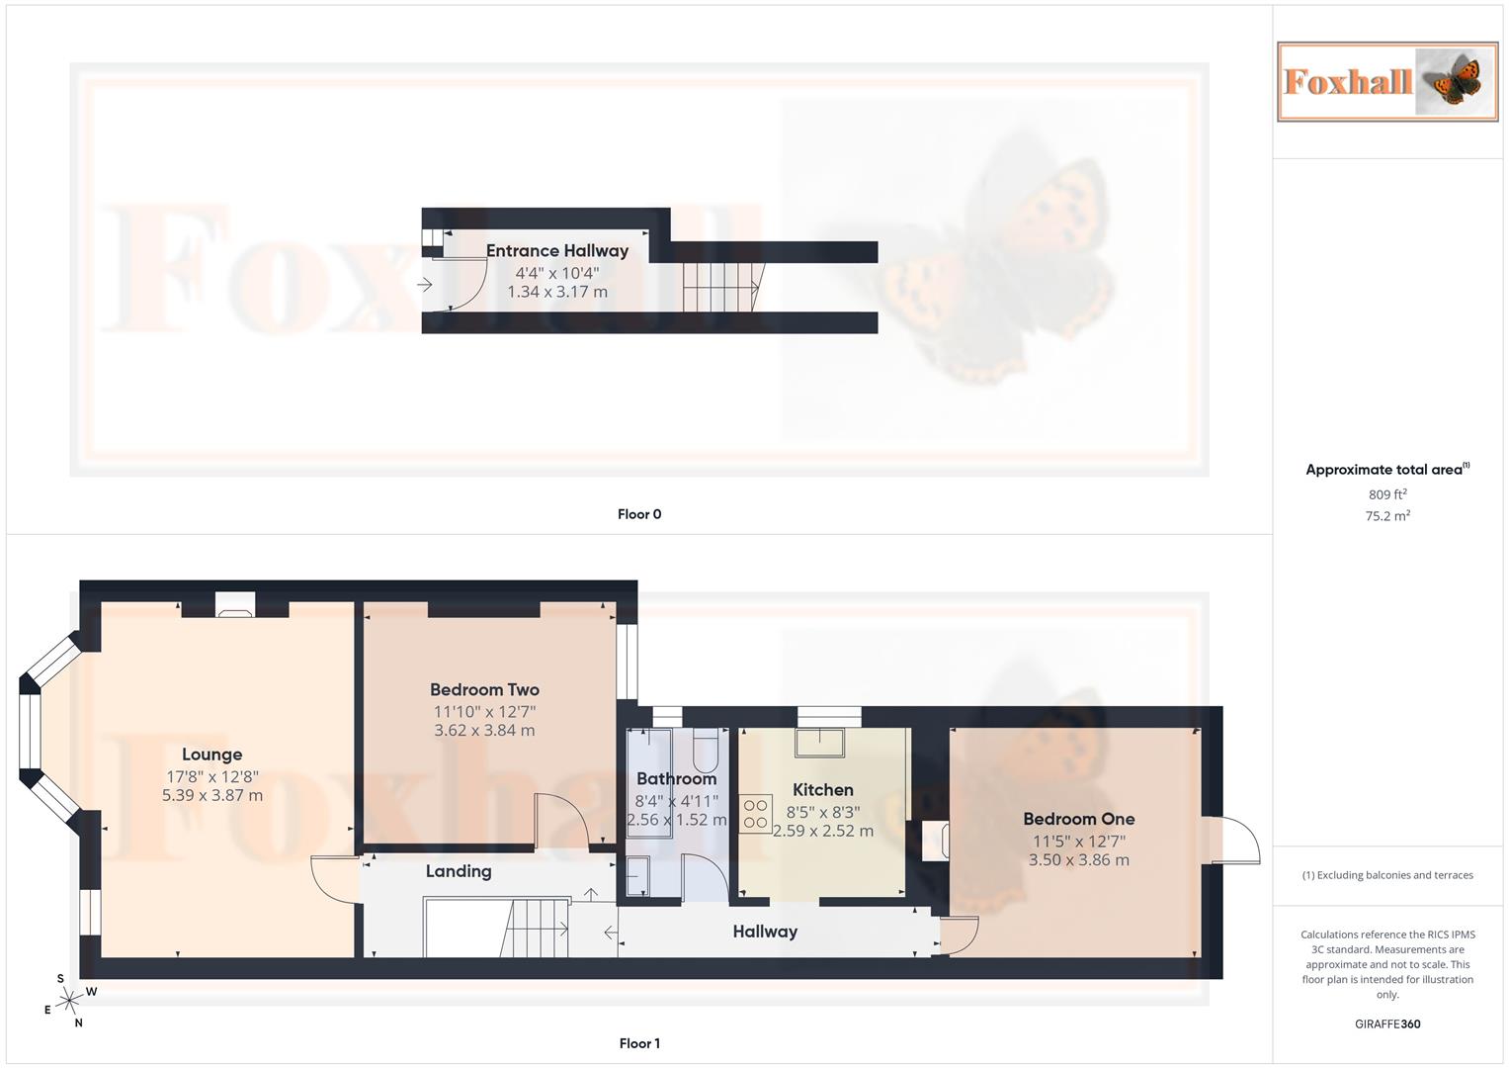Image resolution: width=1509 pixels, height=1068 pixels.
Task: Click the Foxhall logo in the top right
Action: (x=1386, y=82)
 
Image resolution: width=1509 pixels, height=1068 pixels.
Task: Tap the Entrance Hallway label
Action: (x=556, y=251)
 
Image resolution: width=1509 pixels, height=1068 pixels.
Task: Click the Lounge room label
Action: (x=211, y=755)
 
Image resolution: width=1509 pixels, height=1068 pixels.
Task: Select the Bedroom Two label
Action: (x=484, y=689)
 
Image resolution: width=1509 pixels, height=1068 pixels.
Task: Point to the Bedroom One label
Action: (x=1078, y=819)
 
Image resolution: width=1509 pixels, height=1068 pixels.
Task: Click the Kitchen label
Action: (x=822, y=789)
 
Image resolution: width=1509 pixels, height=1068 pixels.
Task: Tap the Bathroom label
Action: (x=676, y=778)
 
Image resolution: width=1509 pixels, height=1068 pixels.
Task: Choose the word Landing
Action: (x=459, y=871)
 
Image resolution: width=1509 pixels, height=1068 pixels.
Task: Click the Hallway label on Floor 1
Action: (x=765, y=932)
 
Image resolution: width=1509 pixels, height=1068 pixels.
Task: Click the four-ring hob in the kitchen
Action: (x=756, y=814)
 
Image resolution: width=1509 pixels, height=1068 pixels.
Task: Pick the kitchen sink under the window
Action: (x=821, y=742)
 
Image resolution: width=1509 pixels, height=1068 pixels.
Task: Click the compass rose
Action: (x=68, y=1002)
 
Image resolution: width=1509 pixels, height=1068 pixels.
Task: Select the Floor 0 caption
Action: (x=639, y=514)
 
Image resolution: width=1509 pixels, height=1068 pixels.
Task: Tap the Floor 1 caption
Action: (x=639, y=1043)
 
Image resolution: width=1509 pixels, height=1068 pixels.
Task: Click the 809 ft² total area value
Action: (x=1387, y=494)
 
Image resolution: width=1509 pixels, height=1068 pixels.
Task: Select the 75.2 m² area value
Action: (x=1387, y=516)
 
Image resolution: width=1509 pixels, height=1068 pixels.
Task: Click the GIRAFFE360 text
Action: (x=1387, y=1024)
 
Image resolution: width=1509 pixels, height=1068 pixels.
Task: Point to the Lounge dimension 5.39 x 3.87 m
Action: (x=212, y=795)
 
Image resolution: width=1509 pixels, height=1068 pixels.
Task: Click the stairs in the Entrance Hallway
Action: (x=720, y=287)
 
